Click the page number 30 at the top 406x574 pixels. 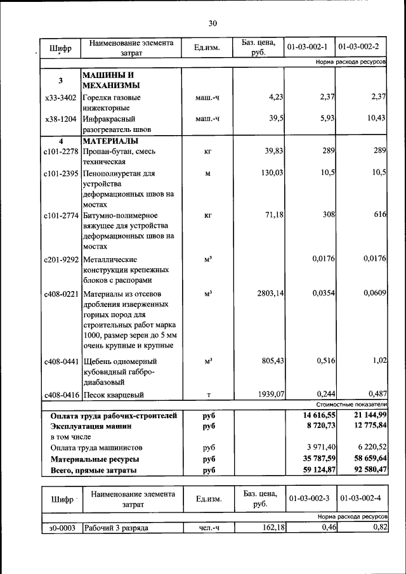click(x=213, y=23)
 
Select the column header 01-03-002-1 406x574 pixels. click(x=307, y=47)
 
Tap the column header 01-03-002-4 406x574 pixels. click(x=360, y=499)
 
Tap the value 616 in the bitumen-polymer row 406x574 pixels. click(x=379, y=215)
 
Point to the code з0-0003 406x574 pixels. click(x=61, y=527)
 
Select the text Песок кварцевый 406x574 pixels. click(x=112, y=395)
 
